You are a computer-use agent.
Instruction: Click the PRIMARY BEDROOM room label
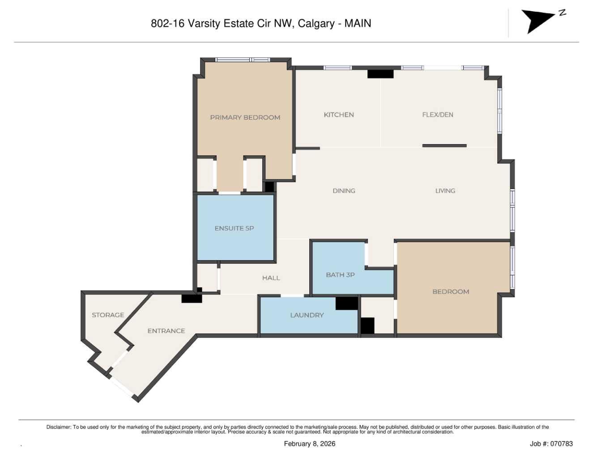245,117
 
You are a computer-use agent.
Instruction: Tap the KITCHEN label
339,115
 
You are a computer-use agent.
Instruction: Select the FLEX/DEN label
437,115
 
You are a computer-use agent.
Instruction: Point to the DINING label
344,191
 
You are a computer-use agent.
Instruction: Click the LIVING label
445,191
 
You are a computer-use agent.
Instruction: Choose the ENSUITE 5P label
234,228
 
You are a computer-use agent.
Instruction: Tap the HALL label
271,278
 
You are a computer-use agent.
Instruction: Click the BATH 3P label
340,275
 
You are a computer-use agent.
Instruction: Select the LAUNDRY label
307,315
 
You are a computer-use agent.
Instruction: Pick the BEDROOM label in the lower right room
451,291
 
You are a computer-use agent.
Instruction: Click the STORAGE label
108,315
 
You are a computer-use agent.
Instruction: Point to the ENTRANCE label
166,331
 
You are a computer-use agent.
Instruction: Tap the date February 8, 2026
309,444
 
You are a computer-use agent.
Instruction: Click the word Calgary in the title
316,23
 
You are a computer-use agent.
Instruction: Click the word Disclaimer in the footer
59,427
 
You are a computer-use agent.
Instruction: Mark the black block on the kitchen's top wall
380,74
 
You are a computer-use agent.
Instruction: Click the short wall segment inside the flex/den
444,146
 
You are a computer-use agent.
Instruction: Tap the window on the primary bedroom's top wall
242,60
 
